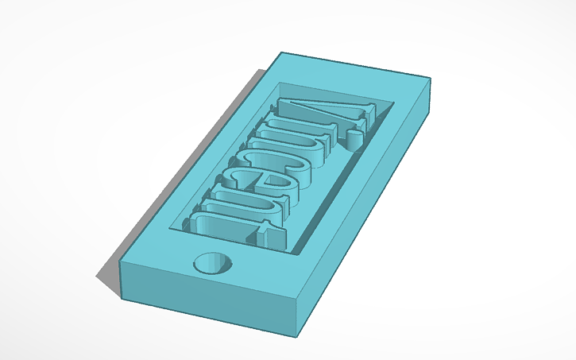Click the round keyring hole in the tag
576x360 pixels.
(215, 263)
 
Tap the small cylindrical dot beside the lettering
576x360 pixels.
(354, 141)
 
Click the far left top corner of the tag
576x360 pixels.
(281, 53)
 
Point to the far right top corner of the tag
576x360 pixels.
(430, 78)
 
